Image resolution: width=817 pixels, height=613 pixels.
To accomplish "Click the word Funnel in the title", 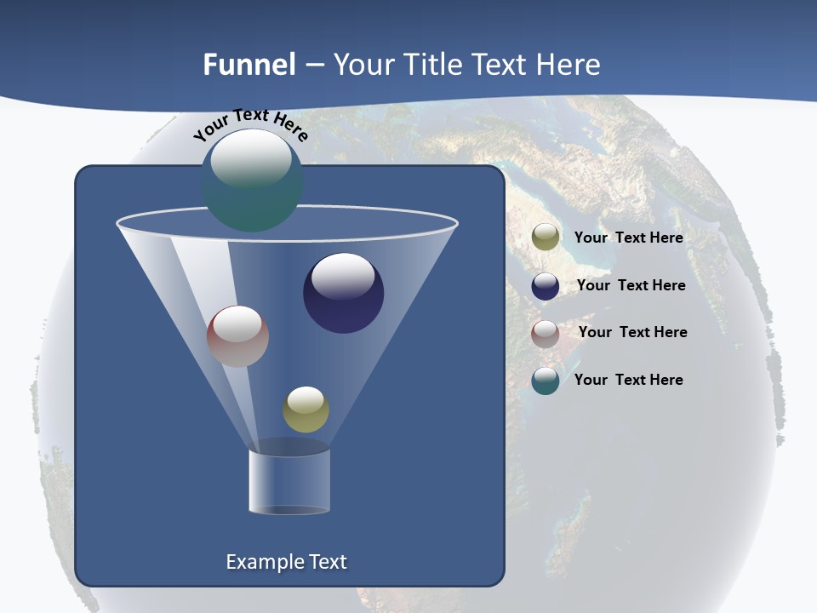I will point(249,65).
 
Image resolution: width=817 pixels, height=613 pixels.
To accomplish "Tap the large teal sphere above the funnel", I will point(252,180).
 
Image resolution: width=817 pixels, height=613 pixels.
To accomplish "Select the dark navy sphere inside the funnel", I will point(343,294).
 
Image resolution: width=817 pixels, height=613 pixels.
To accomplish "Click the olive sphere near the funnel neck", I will point(306,410).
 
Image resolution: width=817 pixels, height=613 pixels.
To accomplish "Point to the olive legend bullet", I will point(546,238).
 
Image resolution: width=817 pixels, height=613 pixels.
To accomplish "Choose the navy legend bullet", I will point(546,286).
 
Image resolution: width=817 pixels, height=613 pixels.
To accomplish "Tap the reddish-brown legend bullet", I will point(546,334).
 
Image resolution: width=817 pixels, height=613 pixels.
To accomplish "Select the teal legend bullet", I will point(546,381).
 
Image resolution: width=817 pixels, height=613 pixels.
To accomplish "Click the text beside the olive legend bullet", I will point(628,238).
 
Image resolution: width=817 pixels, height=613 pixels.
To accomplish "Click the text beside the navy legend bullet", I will point(631,285).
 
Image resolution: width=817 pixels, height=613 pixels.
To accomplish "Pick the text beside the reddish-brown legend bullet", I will point(632,332).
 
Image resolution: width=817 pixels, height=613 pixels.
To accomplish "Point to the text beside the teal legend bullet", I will point(628,380).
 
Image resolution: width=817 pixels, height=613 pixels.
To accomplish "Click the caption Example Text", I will point(286,562).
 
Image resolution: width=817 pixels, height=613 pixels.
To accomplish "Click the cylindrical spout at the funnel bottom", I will point(289,481).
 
